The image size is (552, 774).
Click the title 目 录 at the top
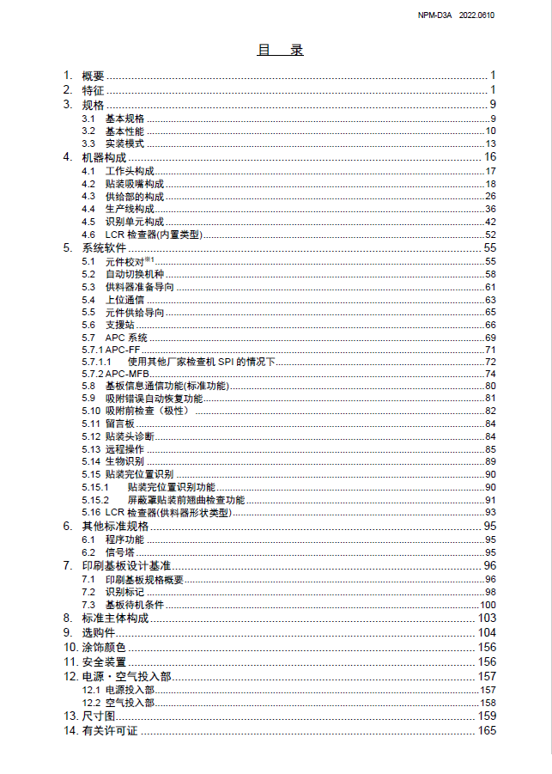pyautogui.click(x=280, y=50)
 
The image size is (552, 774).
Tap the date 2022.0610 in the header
pyautogui.click(x=476, y=15)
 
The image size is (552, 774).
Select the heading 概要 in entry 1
pyautogui.click(x=93, y=76)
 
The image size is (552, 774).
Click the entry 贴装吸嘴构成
pyautogui.click(x=135, y=184)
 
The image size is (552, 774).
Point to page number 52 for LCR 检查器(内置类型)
pyautogui.click(x=491, y=235)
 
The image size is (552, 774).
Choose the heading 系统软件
pyautogui.click(x=104, y=248)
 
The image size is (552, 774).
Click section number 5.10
pyautogui.click(x=91, y=411)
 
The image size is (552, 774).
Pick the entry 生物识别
pyautogui.click(x=124, y=462)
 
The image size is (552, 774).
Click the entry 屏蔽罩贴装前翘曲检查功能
pyautogui.click(x=186, y=500)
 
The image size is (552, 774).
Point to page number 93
pyautogui.click(x=491, y=513)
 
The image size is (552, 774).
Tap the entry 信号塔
pyautogui.click(x=119, y=552)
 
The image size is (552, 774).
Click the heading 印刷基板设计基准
pyautogui.click(x=126, y=566)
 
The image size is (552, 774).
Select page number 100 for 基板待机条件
pyautogui.click(x=488, y=605)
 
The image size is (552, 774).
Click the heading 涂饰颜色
pyautogui.click(x=104, y=647)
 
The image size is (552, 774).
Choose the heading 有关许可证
pyautogui.click(x=110, y=730)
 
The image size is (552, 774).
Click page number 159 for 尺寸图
pyautogui.click(x=488, y=716)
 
